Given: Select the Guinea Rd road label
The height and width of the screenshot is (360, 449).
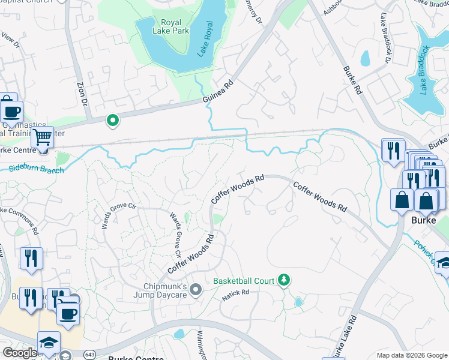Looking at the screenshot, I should click(x=221, y=94).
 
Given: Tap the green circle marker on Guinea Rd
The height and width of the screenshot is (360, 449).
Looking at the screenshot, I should click(x=112, y=121).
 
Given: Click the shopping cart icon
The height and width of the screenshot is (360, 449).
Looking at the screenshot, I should click(x=42, y=137).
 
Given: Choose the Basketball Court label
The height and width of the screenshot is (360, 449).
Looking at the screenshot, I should click(x=244, y=281).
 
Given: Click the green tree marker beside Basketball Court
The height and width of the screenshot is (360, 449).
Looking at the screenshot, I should click(x=285, y=280).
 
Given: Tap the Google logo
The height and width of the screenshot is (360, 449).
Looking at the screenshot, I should click(x=20, y=353).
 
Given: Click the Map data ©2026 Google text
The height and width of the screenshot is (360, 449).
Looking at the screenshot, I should click(x=412, y=355).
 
